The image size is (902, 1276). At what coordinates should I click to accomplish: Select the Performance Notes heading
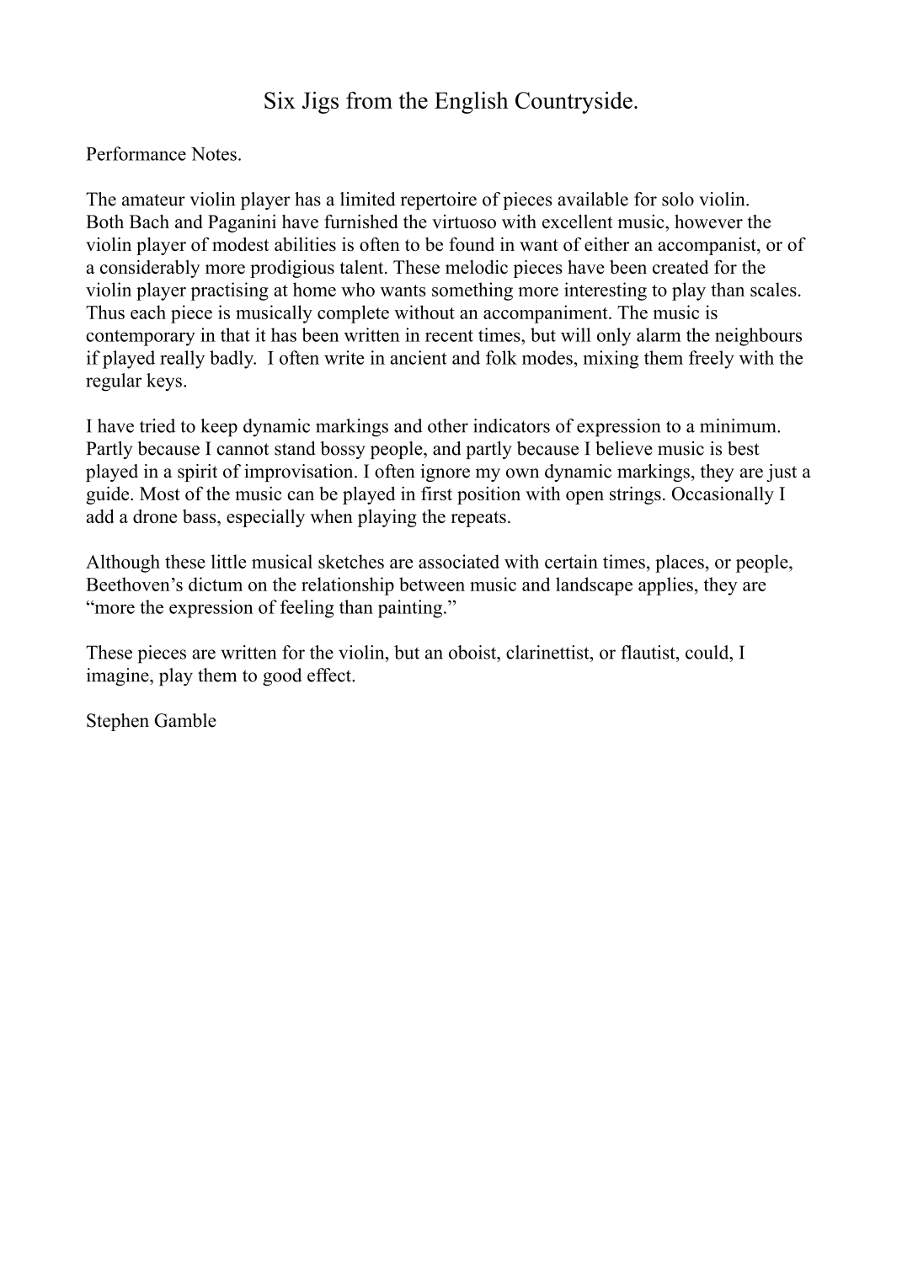coord(163,154)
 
